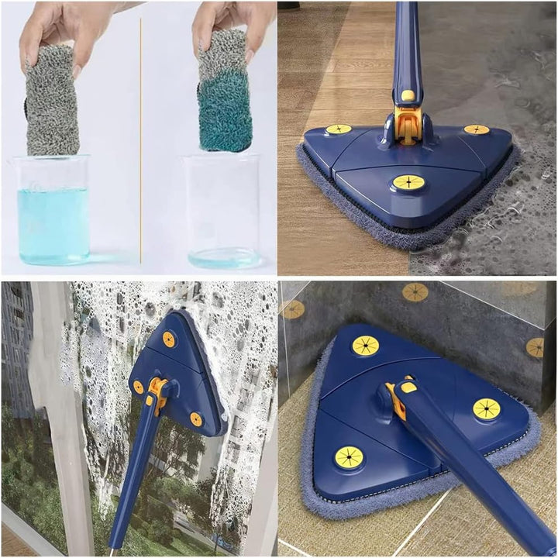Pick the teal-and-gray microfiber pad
tap(225, 101)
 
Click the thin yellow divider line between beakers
tap(140, 139)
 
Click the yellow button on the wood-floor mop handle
tap(407, 95)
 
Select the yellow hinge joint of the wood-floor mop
tap(407, 124)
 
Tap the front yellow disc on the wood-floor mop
tap(408, 183)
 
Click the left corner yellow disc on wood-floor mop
tap(338, 129)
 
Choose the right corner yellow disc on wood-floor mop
tap(477, 129)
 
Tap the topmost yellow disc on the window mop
tap(168, 339)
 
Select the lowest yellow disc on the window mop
tap(196, 419)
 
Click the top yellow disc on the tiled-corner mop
tap(366, 346)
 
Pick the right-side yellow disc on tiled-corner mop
tap(487, 408)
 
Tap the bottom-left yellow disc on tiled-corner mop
tap(349, 457)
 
